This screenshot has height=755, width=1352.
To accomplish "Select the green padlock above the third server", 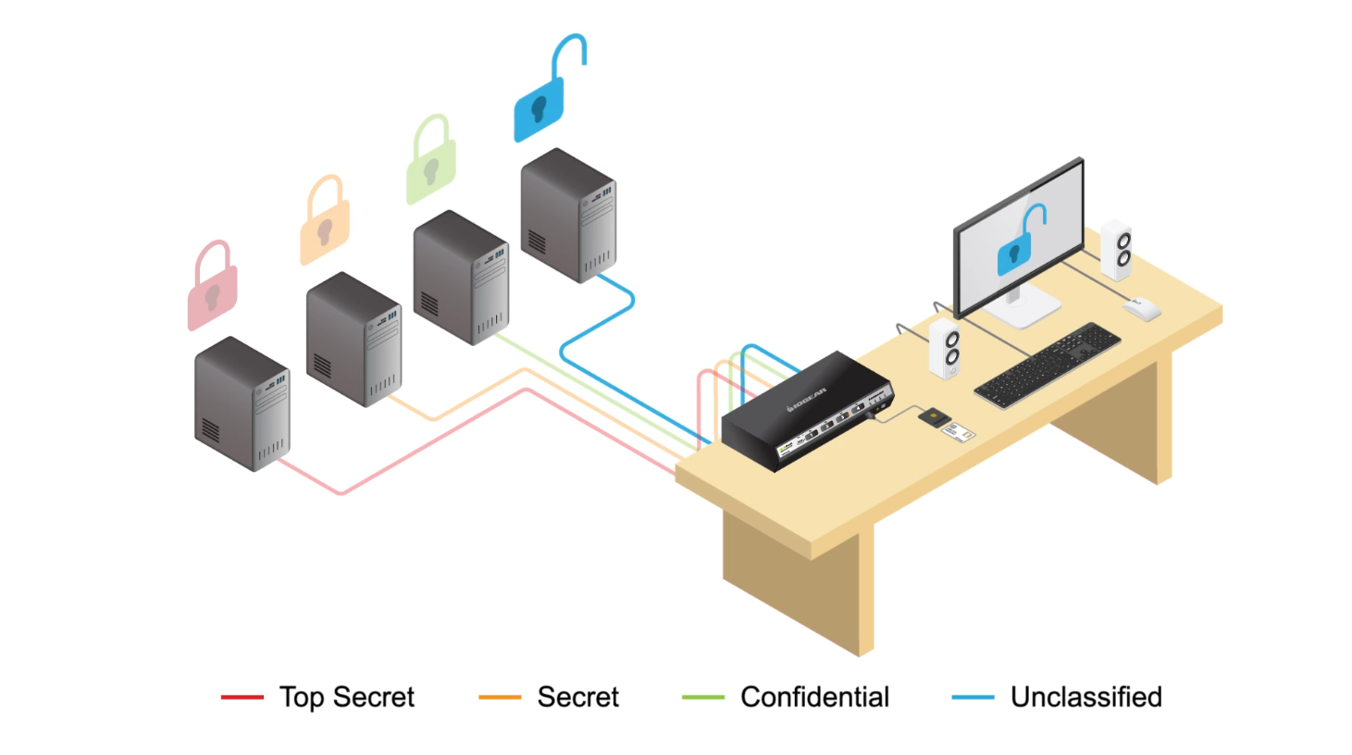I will [x=431, y=167].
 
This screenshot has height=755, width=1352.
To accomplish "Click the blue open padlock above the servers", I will [x=540, y=105].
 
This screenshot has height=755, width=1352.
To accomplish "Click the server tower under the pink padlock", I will [x=242, y=404].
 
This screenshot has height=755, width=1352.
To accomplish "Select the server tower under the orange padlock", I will [x=354, y=340].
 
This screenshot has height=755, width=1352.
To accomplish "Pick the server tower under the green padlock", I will [x=461, y=278].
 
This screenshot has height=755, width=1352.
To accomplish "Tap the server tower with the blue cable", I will [x=568, y=216].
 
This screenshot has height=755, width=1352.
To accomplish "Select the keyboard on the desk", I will [x=1047, y=365].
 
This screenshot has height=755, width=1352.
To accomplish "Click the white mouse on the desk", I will [x=1143, y=309].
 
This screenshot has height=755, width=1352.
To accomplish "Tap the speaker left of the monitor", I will [x=945, y=349].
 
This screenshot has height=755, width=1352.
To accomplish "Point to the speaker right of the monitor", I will [x=1116, y=250].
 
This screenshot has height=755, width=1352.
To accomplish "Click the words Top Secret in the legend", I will [x=347, y=697].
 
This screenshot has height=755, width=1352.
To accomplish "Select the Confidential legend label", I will [x=814, y=697].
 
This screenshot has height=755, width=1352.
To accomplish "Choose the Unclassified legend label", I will [x=1085, y=697].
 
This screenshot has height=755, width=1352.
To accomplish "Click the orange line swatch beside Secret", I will [x=500, y=698].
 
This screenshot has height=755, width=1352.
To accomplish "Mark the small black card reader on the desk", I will [x=934, y=417].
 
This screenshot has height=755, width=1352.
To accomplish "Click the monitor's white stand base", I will [x=1023, y=309].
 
